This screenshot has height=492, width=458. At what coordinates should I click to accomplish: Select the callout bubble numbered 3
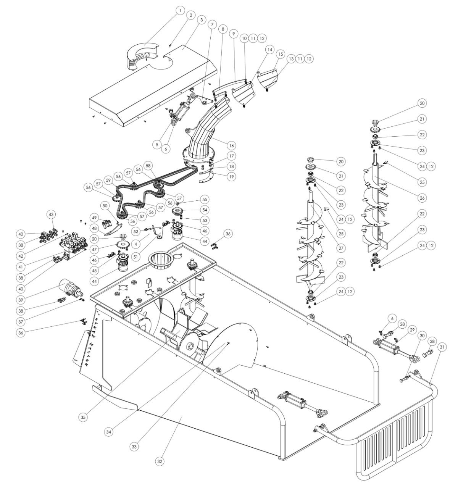(200, 19)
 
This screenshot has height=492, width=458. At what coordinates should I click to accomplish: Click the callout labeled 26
(422, 198)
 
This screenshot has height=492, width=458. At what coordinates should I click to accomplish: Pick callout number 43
(51, 215)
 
